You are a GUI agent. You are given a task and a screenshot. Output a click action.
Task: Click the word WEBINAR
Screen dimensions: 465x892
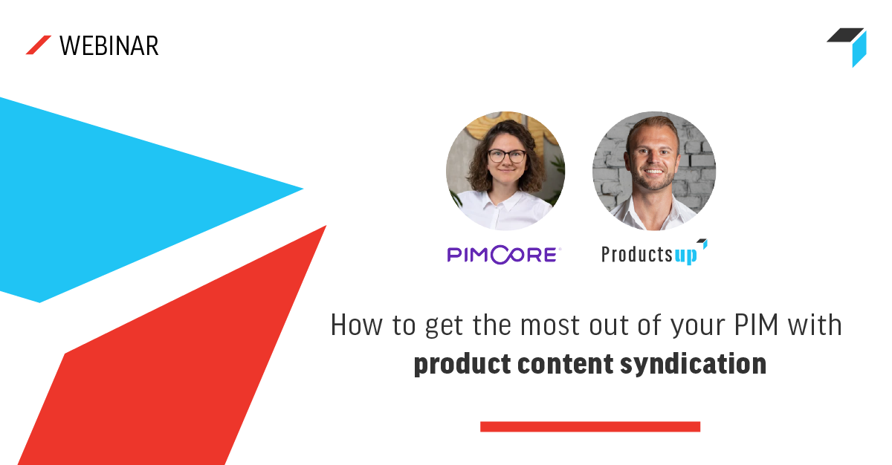tap(109, 46)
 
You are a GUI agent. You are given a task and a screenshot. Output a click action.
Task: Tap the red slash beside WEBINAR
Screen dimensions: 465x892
tap(38, 45)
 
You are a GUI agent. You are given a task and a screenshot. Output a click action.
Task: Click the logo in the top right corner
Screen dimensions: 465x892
tap(849, 45)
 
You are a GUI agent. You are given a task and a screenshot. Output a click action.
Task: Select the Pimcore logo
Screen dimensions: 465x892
tap(503, 255)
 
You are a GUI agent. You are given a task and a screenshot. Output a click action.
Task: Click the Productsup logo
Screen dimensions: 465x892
tap(653, 253)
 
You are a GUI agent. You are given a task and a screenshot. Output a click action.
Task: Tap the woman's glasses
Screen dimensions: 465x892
tap(506, 156)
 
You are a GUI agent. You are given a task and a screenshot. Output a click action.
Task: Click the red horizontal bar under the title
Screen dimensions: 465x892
tap(589, 426)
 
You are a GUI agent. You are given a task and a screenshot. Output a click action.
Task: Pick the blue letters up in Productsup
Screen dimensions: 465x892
tap(686, 256)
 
